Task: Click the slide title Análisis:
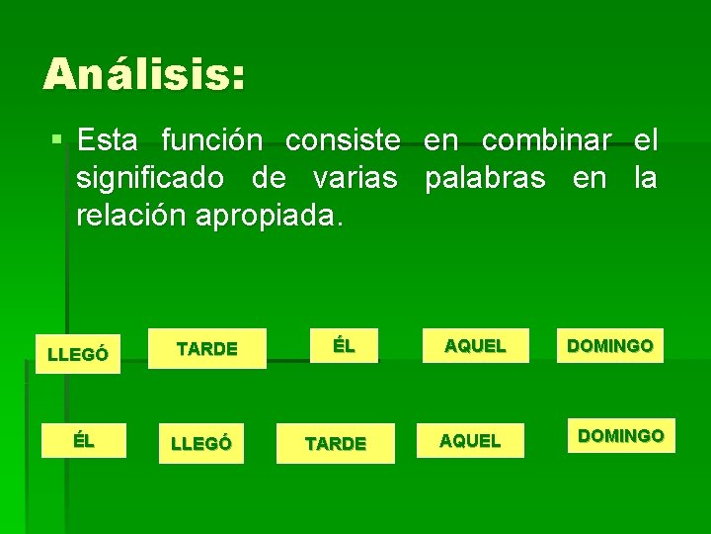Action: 144,75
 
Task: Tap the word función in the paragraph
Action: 212,140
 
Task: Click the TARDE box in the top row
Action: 207,349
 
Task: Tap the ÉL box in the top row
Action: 343,346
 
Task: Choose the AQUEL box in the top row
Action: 475,346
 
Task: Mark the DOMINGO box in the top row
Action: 609,346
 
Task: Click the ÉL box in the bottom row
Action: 84,441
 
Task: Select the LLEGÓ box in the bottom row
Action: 201,444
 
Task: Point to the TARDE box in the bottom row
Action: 336,444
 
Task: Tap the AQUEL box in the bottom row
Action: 470,441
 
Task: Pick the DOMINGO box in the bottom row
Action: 621,435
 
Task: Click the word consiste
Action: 343,140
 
